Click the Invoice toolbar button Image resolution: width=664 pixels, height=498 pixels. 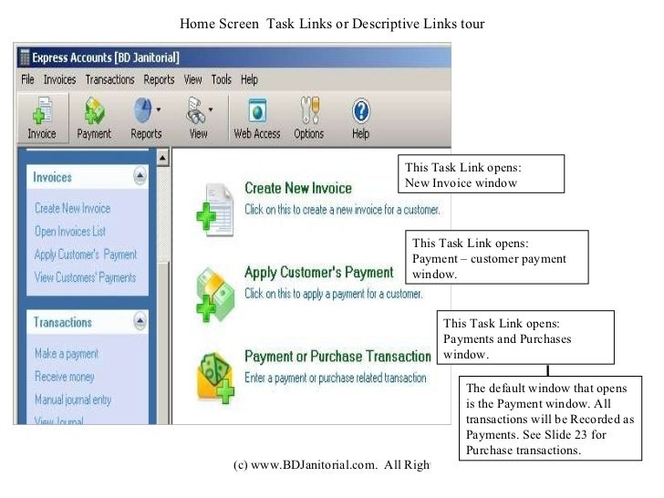(41, 119)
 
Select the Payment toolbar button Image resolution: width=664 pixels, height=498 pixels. (94, 119)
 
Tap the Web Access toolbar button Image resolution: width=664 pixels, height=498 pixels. (256, 119)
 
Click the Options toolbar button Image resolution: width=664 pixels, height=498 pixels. (308, 119)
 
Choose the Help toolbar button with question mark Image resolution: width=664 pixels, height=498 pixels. (360, 119)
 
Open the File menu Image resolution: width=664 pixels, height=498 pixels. (27, 79)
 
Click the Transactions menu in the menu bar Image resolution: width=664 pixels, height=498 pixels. (109, 79)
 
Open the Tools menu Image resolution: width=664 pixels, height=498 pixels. (221, 79)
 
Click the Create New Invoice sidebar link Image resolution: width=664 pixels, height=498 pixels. (72, 208)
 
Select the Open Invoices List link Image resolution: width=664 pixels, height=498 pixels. (70, 231)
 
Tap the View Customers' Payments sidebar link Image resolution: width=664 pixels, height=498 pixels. (85, 277)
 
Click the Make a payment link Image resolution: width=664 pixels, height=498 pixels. (66, 353)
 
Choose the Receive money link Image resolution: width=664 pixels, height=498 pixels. (64, 376)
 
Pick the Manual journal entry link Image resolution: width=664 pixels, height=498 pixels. (73, 399)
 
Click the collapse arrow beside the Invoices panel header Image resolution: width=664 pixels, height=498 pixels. (140, 176)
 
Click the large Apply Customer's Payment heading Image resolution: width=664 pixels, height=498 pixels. (318, 272)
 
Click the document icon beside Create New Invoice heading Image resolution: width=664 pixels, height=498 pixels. (215, 208)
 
